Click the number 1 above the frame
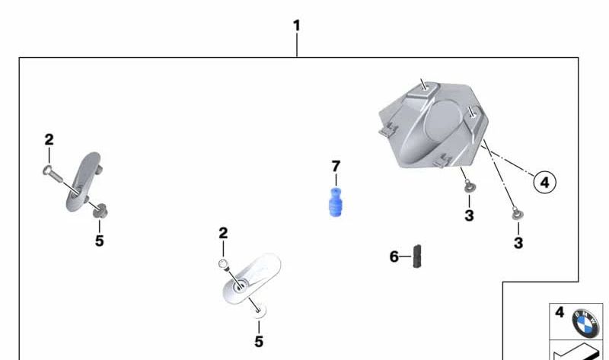pos(297,26)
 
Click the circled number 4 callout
pos(544,182)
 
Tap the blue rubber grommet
pos(335,202)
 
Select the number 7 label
pos(336,167)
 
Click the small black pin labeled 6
pos(417,256)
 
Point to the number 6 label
pos(394,256)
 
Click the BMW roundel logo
pos(585,323)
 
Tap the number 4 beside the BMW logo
pos(560,312)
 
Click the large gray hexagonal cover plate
pos(433,123)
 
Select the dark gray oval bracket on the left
pos(83,182)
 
